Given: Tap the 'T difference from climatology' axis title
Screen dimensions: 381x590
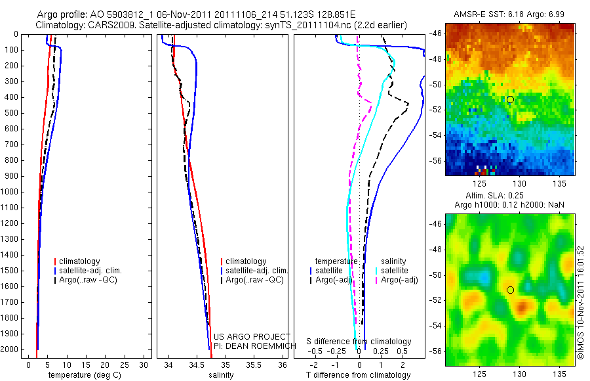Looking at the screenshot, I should [x=358, y=375].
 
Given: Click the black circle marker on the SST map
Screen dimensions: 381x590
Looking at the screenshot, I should [x=510, y=99].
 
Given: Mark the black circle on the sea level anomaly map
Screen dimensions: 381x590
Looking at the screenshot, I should [x=510, y=290].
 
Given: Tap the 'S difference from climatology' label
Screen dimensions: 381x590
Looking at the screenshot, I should [x=359, y=342].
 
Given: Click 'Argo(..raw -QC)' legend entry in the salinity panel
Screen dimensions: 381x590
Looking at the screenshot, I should [x=254, y=280].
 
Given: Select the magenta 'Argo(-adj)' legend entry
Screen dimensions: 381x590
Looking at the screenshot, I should [x=399, y=280].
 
